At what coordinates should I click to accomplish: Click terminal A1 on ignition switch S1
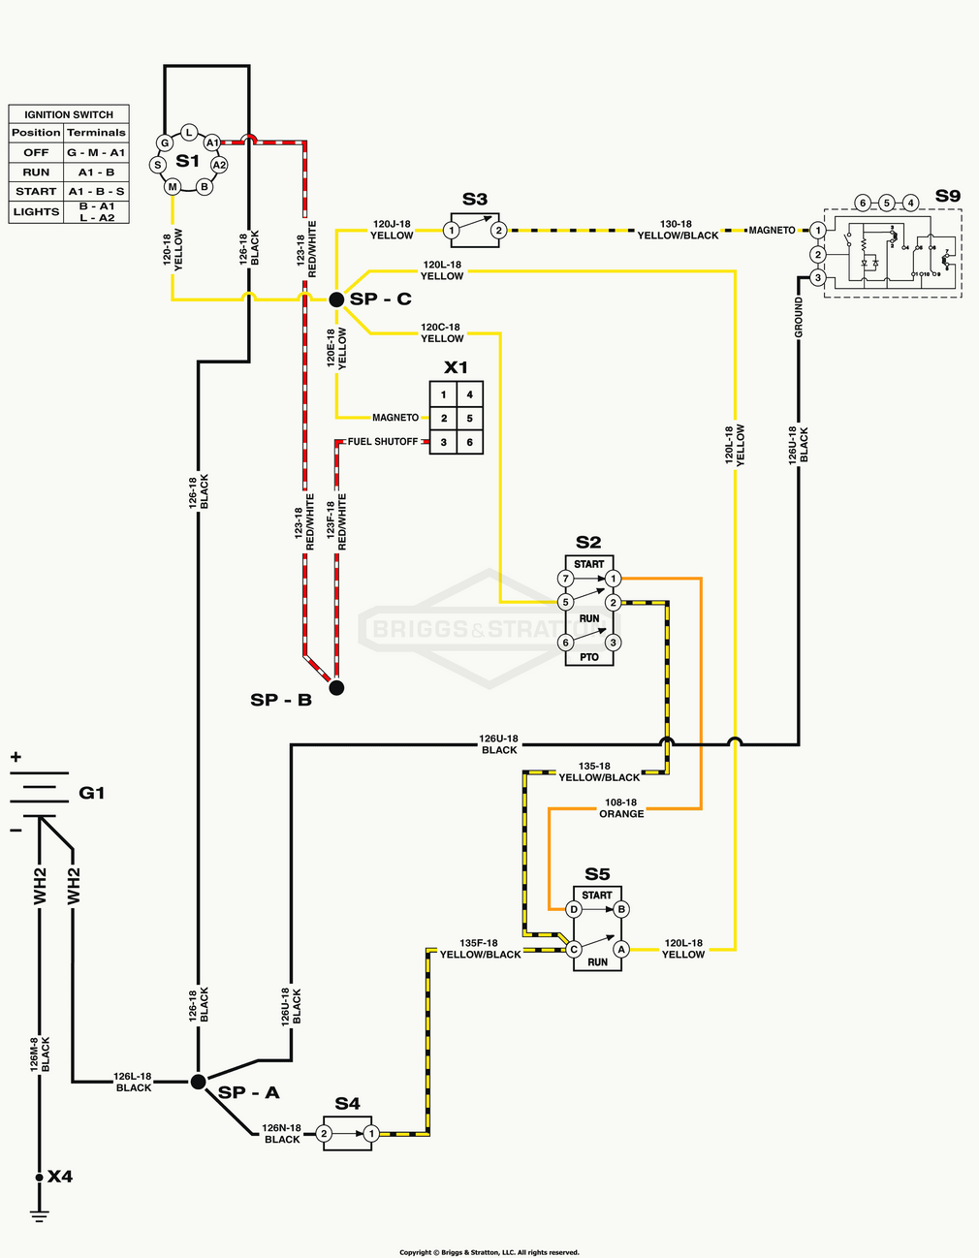[211, 142]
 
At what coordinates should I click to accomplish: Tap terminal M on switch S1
[173, 186]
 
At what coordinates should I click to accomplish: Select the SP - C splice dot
[336, 300]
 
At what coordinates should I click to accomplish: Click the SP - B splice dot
[336, 688]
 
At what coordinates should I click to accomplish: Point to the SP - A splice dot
[198, 1082]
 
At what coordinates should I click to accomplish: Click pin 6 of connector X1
[470, 442]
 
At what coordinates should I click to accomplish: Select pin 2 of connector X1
[444, 418]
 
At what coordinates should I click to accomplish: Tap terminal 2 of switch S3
[498, 230]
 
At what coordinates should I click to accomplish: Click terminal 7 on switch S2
[566, 579]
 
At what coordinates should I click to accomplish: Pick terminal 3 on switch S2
[613, 642]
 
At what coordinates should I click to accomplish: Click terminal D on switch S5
[574, 909]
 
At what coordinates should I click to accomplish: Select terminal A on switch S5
[621, 949]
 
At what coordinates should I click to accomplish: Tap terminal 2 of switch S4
[325, 1133]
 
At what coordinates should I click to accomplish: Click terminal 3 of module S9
[817, 278]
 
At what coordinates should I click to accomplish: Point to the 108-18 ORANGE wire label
[621, 808]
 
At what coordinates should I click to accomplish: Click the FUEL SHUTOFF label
[383, 442]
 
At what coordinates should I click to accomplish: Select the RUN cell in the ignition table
[36, 172]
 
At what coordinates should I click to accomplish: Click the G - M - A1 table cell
[96, 152]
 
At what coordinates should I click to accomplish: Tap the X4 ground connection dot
[40, 1178]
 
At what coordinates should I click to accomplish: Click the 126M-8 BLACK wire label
[40, 1054]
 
